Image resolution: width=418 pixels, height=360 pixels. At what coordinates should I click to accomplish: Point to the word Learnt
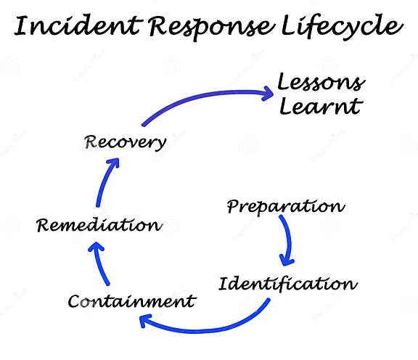pyautogui.click(x=320, y=107)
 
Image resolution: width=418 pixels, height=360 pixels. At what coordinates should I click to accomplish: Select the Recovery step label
pyautogui.click(x=123, y=141)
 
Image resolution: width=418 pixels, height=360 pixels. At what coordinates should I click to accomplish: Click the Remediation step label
pyautogui.click(x=99, y=225)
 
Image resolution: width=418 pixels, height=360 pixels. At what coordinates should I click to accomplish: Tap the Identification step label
pyautogui.click(x=288, y=282)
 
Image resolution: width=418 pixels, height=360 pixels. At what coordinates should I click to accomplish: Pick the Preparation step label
pyautogui.click(x=285, y=206)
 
